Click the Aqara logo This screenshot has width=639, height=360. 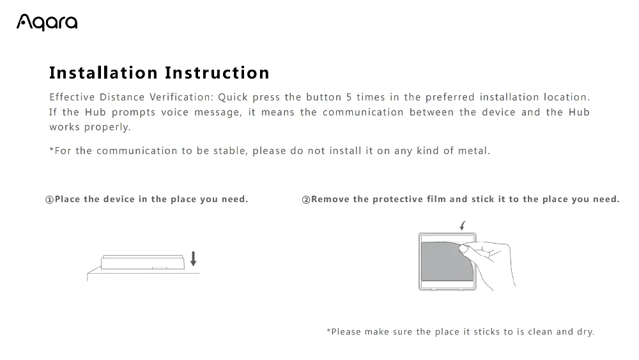pos(47,22)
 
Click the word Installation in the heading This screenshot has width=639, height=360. pos(104,73)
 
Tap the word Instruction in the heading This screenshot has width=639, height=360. pos(217,73)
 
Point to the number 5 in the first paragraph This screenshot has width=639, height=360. pos(349,97)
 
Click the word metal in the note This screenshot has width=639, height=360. pos(474,151)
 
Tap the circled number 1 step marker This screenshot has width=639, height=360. pos(49,200)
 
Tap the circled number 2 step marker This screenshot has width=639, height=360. pos(305,200)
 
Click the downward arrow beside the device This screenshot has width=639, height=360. pos(193,258)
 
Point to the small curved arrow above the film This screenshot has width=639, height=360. pos(462,224)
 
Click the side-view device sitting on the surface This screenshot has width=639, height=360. pos(142,262)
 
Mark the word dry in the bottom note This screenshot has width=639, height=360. pos(585,332)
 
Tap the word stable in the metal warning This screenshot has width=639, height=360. pos(229,151)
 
